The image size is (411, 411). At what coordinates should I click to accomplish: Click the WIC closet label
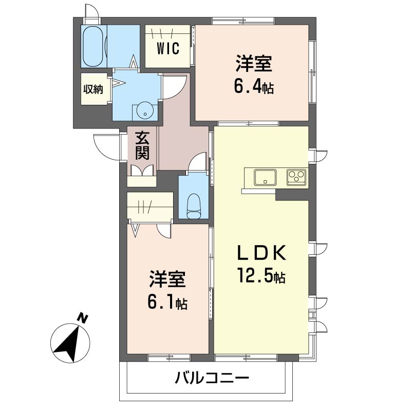(168, 48)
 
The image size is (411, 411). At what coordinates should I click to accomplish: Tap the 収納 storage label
(94, 89)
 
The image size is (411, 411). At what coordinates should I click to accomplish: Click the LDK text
(261, 253)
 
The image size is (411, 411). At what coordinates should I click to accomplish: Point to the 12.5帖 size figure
(261, 275)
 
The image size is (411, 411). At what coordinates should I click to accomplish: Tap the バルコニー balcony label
(212, 379)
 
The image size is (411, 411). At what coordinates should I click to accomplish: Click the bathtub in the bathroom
(92, 46)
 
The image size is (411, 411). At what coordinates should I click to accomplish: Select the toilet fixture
(194, 206)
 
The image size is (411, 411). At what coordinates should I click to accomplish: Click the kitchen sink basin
(265, 177)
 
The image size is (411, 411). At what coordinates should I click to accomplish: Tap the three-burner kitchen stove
(297, 177)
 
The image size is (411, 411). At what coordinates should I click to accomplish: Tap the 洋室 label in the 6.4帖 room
(254, 63)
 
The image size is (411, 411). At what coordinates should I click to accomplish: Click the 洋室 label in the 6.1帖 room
(167, 279)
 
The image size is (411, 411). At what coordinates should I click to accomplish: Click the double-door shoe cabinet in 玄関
(142, 170)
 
